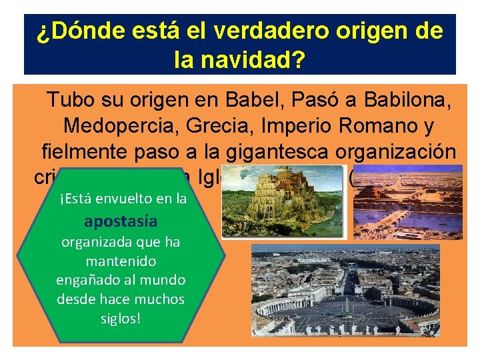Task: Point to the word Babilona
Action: (x=407, y=101)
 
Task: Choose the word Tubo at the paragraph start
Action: (x=69, y=101)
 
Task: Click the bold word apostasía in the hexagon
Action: (x=119, y=221)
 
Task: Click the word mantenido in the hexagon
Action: (x=119, y=261)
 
